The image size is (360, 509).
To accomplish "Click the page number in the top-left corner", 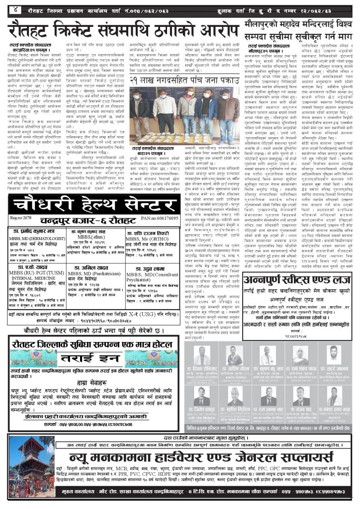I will (16, 8).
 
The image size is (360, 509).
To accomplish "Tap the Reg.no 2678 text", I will (21, 218).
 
